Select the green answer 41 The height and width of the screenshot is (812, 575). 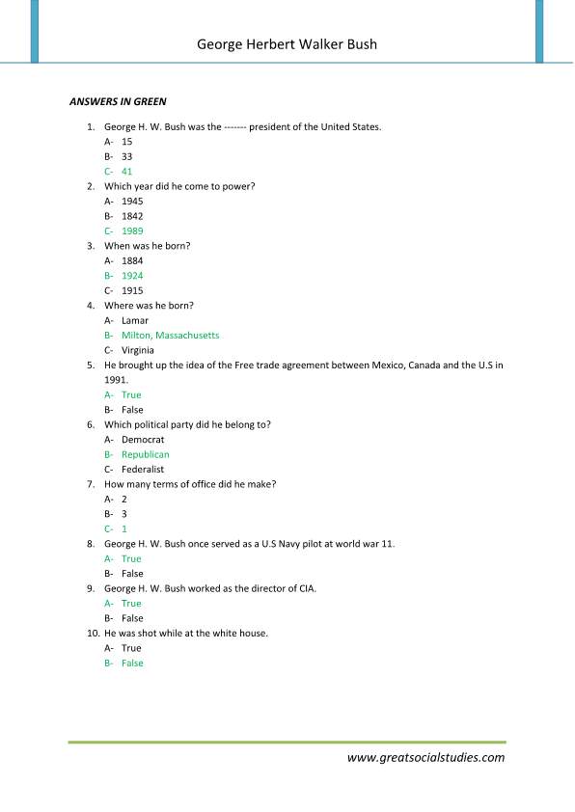127,172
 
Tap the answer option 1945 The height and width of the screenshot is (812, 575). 132,202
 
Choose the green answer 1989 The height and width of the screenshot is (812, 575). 132,231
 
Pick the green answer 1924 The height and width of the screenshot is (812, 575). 132,276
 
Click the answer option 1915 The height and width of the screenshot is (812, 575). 132,290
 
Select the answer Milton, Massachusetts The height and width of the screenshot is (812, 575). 171,336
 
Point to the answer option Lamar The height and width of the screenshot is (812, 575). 135,320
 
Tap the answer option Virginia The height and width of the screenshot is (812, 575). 138,350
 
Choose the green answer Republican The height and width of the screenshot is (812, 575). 146,454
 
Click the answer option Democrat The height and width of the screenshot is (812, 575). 143,440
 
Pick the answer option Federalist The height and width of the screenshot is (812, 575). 143,470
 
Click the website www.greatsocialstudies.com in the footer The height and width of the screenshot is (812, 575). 425,757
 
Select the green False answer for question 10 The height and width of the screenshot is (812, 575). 132,663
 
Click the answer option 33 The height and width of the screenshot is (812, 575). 127,156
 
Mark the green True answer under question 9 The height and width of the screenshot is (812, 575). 131,604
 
